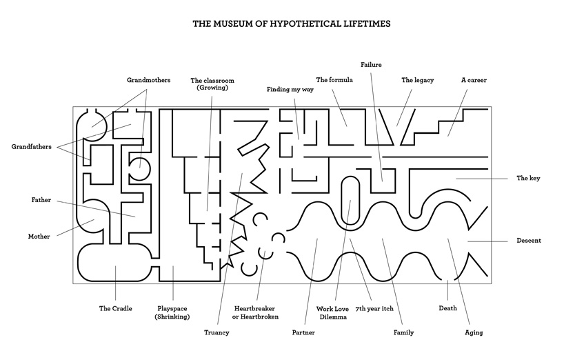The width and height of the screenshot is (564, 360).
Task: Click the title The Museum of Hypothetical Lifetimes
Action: pos(282,23)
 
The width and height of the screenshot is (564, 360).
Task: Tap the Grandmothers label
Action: pos(148,80)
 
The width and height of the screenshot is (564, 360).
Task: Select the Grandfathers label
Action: pos(31,146)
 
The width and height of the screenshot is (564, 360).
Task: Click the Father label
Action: pos(41,200)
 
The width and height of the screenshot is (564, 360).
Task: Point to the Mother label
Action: pos(39,237)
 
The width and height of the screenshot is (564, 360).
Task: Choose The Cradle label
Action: pos(115,308)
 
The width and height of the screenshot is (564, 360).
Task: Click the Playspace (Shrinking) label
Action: pos(172,312)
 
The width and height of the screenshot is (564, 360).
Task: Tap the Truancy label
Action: pos(216,332)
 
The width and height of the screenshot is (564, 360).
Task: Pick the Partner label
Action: pos(303,332)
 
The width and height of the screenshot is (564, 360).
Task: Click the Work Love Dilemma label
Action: pos(334,313)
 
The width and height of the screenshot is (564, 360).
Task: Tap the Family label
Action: pos(403,332)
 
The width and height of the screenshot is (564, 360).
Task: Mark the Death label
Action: pos(447,308)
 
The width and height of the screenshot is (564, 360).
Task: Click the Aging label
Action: pos(474,332)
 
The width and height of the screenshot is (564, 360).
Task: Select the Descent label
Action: pos(529,241)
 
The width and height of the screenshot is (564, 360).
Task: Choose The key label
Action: pos(528,178)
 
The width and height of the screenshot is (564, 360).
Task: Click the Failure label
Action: pos(371,65)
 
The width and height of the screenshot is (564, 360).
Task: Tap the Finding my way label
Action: pos(290,90)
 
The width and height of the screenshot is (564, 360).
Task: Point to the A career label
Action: pos(474,80)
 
